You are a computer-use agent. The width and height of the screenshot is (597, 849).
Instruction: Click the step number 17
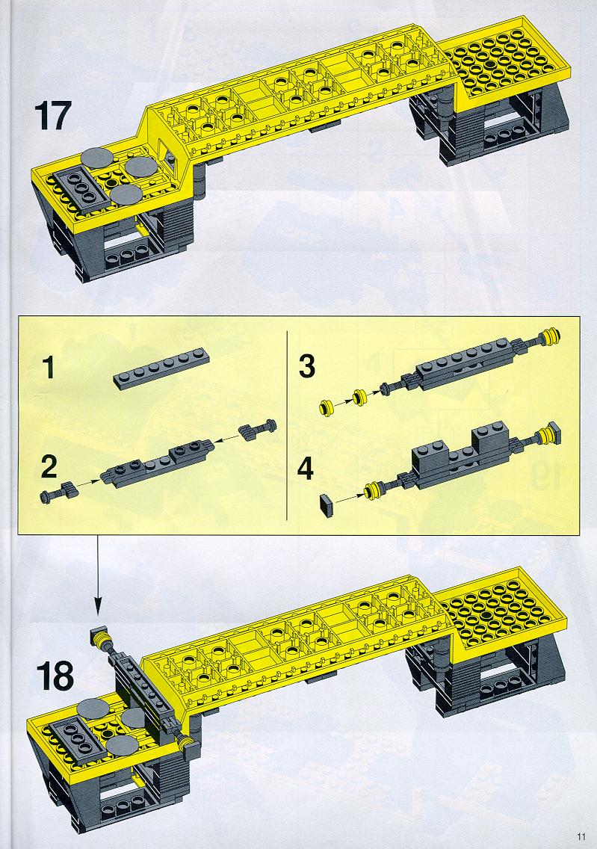52,116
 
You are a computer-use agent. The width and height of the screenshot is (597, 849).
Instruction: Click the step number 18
55,676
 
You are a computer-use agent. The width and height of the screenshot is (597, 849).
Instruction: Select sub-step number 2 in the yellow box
49,467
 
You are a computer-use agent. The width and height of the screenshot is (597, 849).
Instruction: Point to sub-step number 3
307,366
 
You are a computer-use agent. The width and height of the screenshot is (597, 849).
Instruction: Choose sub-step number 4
306,468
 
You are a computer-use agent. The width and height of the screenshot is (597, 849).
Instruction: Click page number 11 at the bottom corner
581,836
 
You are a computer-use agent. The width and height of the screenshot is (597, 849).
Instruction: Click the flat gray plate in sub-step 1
161,368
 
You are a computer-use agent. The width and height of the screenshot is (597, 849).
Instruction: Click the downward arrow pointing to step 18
97,575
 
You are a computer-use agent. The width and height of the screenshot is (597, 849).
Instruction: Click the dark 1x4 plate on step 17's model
78,185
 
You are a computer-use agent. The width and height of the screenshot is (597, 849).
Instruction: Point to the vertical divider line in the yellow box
286,425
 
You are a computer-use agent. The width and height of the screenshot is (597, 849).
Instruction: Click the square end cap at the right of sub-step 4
554,433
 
